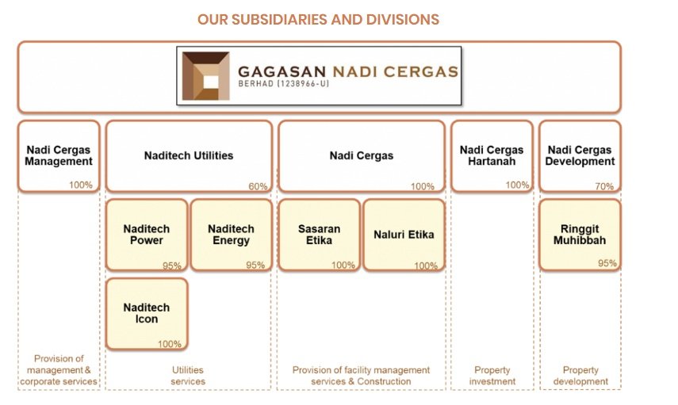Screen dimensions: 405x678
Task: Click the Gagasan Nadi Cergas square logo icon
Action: (205, 76)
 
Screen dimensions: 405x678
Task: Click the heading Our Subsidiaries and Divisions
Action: (318, 19)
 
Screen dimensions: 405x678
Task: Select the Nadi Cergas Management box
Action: (59, 155)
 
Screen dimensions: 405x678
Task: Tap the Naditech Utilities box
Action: (189, 155)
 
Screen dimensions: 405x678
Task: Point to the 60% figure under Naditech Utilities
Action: (258, 186)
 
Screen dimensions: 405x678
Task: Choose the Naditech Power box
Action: (147, 235)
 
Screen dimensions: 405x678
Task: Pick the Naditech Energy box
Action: (231, 235)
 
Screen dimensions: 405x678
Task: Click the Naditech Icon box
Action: (147, 313)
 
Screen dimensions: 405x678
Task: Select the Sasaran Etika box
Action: (320, 235)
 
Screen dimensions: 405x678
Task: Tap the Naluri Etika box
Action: (404, 235)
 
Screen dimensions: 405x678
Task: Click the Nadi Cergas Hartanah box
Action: (492, 155)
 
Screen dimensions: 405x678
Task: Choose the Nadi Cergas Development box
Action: (580, 155)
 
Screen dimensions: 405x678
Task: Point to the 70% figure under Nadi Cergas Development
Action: (604, 186)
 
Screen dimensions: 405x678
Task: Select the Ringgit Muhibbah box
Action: (580, 235)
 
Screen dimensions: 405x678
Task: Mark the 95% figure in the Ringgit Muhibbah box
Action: (607, 263)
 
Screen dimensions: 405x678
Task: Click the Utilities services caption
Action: (188, 376)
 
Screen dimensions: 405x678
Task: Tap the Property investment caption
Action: (492, 376)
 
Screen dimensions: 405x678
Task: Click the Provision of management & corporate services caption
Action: (59, 370)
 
